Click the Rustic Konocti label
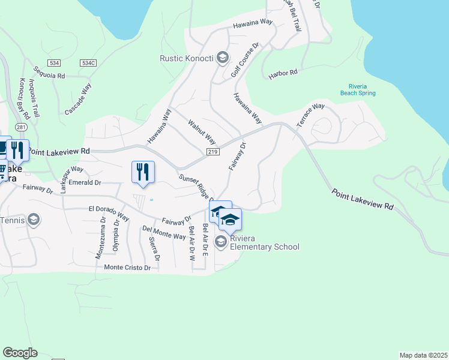[x=185, y=58]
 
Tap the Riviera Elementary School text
[x=265, y=242]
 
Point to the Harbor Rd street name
[x=283, y=73]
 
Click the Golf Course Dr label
[x=244, y=61]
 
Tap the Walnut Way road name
[x=202, y=131]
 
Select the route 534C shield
[x=89, y=62]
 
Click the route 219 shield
[x=212, y=153]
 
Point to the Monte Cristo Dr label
[x=127, y=268]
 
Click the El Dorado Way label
[x=109, y=212]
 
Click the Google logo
[x=20, y=353]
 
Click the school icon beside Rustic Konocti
[x=223, y=58]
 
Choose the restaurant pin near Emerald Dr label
[x=143, y=172]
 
